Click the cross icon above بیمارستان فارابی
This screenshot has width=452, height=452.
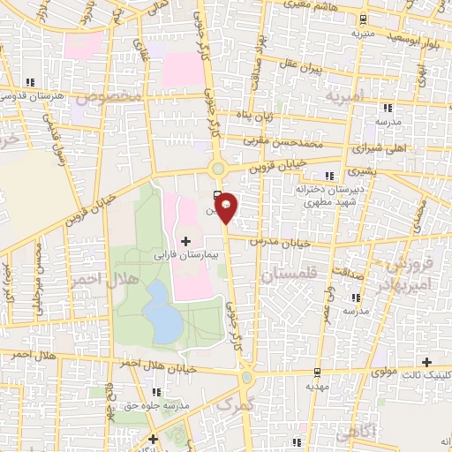click(x=185, y=240)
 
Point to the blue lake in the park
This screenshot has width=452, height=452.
click(x=162, y=313)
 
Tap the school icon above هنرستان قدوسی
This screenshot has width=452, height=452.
click(x=34, y=82)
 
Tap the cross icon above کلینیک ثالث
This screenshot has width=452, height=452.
click(x=427, y=362)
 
